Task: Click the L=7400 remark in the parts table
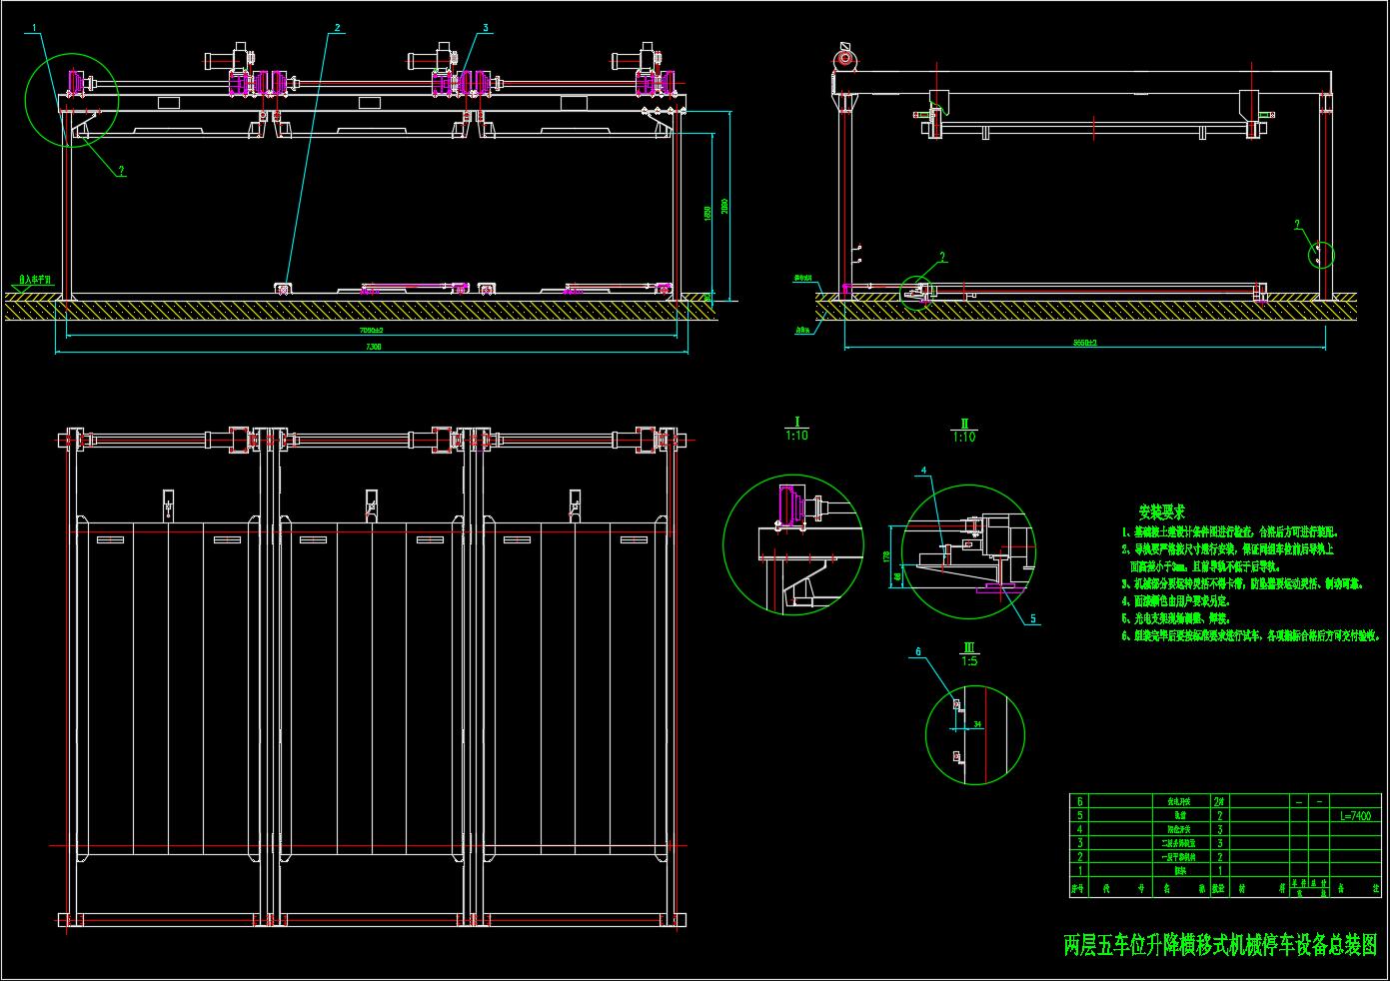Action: click(x=1353, y=815)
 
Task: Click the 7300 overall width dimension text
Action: click(x=375, y=347)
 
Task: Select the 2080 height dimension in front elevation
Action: click(x=725, y=206)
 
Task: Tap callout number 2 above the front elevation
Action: click(x=338, y=28)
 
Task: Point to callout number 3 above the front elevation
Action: click(x=486, y=28)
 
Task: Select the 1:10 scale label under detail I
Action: click(x=796, y=436)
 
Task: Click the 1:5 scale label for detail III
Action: click(x=968, y=660)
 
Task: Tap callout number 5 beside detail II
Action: click(x=1033, y=618)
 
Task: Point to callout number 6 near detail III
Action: click(x=919, y=651)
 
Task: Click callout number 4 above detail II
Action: click(x=923, y=470)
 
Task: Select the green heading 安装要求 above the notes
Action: click(x=1161, y=512)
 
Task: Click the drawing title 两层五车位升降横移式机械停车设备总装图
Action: click(x=1219, y=944)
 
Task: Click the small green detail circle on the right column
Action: click(x=1321, y=254)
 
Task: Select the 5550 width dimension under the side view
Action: click(x=1085, y=343)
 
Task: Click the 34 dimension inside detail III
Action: click(x=977, y=723)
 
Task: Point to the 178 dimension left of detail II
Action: click(x=888, y=555)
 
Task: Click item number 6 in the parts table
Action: click(x=1078, y=801)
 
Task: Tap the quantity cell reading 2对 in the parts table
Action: click(x=1218, y=801)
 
